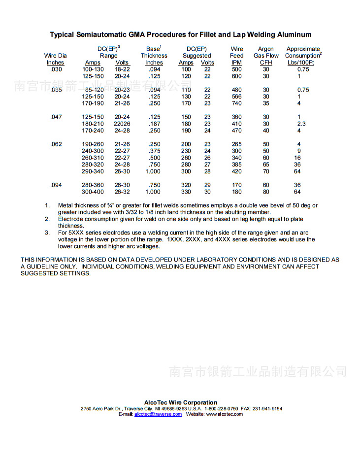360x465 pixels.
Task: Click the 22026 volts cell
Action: tap(122, 124)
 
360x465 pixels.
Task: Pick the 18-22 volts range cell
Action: tap(122, 69)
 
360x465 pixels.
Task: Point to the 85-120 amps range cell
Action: tap(93, 90)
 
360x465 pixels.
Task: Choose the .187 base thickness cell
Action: tap(154, 124)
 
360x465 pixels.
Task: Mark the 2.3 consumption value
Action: tap(301, 124)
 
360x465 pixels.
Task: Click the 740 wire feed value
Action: tap(237, 103)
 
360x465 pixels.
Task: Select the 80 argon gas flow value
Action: tap(266, 192)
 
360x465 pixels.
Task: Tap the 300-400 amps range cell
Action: tap(93, 192)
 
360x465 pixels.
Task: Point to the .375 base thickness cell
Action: tap(154, 151)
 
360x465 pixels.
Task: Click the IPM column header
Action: tap(237, 63)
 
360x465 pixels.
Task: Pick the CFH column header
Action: tap(266, 63)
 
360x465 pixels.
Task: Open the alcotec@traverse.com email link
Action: tap(158, 414)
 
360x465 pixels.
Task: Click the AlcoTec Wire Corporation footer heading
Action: tap(181, 402)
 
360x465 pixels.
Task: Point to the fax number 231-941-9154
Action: tap(268, 408)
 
